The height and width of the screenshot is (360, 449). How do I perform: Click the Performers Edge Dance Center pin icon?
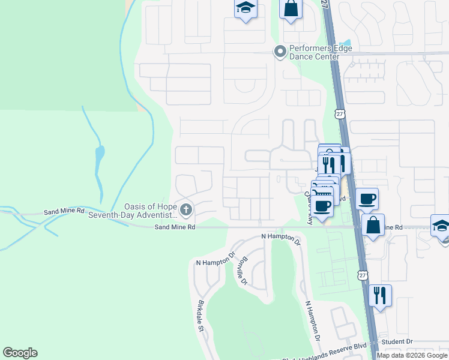(279, 52)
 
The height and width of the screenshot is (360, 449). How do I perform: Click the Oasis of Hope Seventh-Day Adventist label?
(133, 210)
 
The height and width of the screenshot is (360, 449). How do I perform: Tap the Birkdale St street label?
(200, 316)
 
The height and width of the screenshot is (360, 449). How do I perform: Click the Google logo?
(20, 353)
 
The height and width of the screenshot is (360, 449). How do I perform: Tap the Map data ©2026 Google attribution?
(412, 355)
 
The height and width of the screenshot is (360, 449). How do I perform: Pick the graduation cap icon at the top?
(245, 8)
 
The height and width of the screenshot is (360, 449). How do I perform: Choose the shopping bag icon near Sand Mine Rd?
(373, 225)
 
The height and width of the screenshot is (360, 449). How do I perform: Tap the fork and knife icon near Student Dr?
(380, 295)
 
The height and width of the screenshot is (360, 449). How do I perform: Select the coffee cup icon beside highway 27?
(367, 199)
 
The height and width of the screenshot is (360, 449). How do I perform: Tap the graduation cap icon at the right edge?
(441, 226)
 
